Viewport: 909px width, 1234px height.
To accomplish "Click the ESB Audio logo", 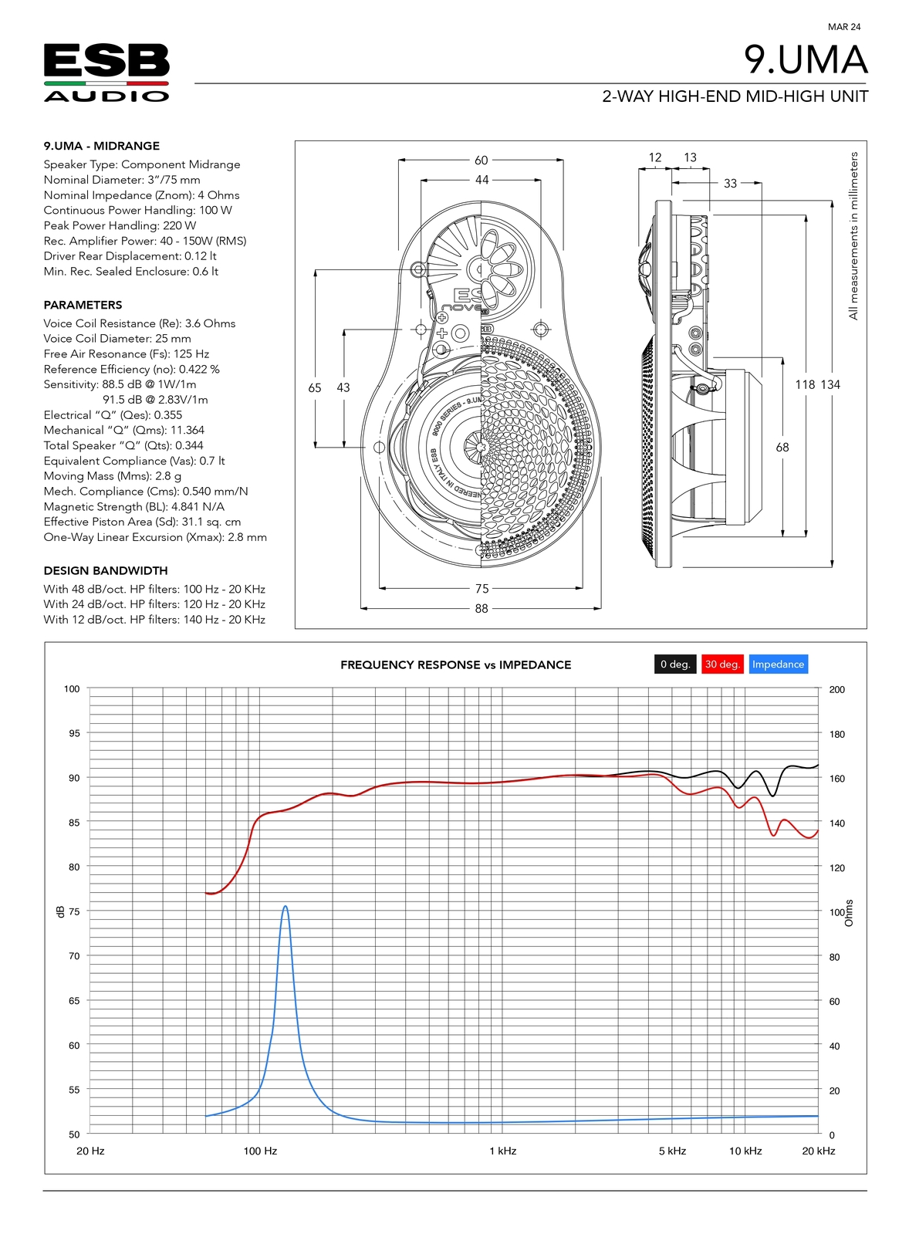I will pos(106,73).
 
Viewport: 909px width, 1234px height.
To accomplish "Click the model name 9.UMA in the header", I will pos(805,60).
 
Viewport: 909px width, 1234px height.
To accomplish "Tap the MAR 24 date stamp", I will pos(843,27).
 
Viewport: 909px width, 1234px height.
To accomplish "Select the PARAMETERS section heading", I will pos(83,305).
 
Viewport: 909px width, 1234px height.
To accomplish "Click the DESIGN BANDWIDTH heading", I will pos(106,570).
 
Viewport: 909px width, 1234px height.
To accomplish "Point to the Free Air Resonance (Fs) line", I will pos(127,353).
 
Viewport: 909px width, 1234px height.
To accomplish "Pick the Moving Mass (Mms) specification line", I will pos(113,476).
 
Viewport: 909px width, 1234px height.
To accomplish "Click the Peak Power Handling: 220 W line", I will pos(120,225).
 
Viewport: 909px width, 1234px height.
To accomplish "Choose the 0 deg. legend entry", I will pos(675,664).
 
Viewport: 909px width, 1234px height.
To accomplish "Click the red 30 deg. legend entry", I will pos(722,664).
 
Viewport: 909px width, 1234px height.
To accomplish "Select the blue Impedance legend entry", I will pos(778,664).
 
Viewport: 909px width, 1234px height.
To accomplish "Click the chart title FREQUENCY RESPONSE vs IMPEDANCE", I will pos(456,664).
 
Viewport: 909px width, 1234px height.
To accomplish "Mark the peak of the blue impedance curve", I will pos(286,907).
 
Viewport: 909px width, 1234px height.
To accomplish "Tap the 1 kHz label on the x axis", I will pos(502,1151).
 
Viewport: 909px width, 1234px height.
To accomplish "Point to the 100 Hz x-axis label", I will pos(260,1151).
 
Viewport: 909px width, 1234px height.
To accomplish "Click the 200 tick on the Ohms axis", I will pos(836,690).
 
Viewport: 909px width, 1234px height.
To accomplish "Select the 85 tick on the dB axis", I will pos(74,823).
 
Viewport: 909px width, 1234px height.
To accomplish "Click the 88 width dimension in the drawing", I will pos(482,609).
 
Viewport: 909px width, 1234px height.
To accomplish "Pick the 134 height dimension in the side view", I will pos(831,384).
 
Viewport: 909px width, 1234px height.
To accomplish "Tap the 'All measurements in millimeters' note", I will pos(853,235).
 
